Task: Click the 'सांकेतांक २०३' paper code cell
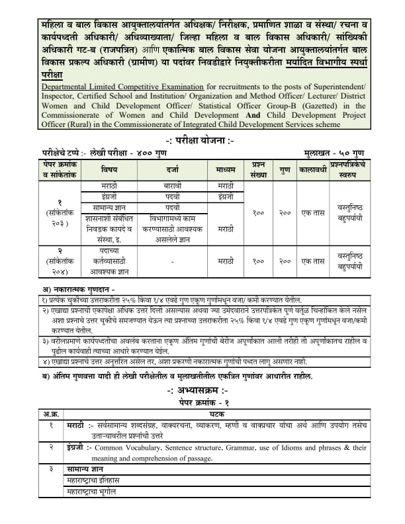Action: coord(60,213)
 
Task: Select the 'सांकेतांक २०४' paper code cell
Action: coord(60,261)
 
